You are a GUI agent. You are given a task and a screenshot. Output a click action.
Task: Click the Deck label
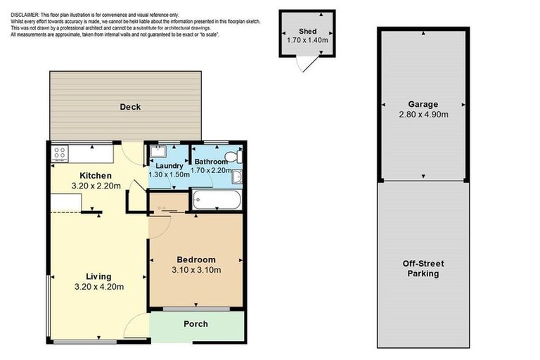pos(130,107)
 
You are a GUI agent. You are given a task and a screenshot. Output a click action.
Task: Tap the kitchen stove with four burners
pos(58,152)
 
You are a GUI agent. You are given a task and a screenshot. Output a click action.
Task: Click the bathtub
pos(217,201)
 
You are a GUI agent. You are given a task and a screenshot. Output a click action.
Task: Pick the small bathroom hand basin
pos(237,176)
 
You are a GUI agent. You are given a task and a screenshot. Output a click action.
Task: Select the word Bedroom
pos(195,259)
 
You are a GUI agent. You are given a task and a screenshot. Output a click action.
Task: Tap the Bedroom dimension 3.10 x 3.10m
pos(195,269)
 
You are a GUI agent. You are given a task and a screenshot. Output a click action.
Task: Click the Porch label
pos(195,324)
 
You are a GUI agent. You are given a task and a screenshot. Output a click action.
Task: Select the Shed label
pos(306,31)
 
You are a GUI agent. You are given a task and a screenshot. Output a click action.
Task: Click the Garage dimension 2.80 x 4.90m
pos(423,114)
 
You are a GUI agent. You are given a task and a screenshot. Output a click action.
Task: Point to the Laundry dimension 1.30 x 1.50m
pos(169,174)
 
